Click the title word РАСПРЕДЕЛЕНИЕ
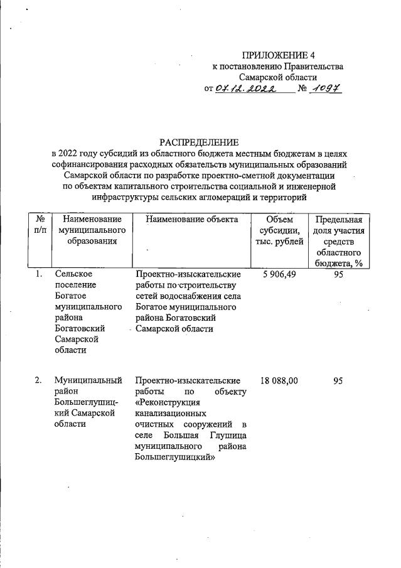tap(199, 142)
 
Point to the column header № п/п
tap(39, 225)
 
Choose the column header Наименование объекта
tap(191, 220)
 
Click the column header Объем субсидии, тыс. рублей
tap(279, 230)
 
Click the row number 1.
tap(38, 274)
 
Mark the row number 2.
tap(38, 380)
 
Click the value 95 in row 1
tap(338, 274)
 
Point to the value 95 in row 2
tap(338, 380)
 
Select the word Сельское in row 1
tap(73, 274)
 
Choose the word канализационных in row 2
tap(171, 414)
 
